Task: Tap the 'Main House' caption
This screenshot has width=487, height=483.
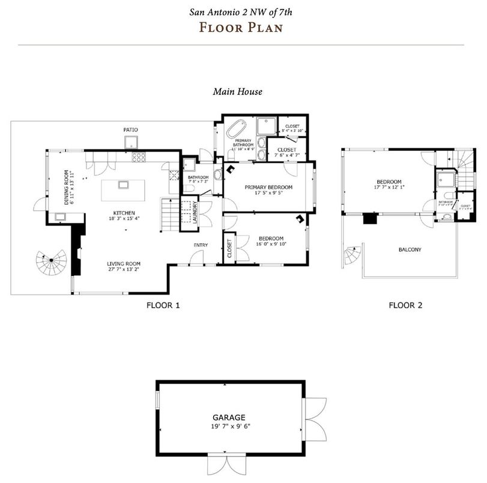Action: tap(237, 92)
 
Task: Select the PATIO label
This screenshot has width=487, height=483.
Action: tap(131, 129)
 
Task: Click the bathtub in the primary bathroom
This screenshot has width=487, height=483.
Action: tap(236, 129)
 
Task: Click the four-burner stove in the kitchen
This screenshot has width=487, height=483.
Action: tap(139, 157)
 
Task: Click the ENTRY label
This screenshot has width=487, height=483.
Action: tap(201, 245)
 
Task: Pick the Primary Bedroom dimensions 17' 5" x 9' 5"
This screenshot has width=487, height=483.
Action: tap(268, 194)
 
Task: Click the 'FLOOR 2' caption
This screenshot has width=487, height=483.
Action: tap(405, 305)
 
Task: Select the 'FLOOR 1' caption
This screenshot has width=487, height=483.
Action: tap(163, 305)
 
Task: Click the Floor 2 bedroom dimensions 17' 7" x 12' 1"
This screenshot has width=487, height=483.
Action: tap(389, 189)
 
